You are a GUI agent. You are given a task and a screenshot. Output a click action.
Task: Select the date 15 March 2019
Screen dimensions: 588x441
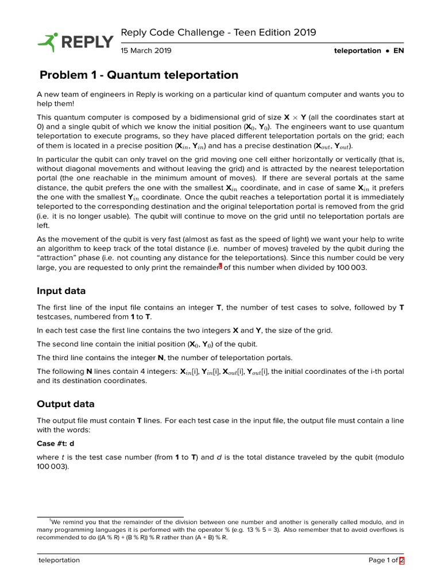tap(146, 51)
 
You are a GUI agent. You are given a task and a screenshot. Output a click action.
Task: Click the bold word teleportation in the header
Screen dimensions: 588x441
tap(357, 51)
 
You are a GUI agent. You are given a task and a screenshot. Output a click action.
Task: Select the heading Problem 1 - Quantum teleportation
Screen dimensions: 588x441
tap(138, 75)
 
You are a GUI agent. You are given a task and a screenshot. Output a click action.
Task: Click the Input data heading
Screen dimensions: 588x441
tap(61, 291)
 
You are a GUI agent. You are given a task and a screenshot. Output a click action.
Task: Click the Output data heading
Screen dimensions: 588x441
tap(65, 404)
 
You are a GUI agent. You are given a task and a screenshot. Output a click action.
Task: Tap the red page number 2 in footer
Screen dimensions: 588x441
tap(402, 560)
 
